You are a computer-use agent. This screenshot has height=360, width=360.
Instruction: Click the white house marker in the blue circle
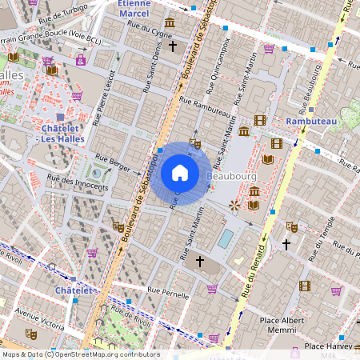pyautogui.click(x=180, y=172)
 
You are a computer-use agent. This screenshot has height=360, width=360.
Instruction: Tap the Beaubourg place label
pyautogui.click(x=230, y=175)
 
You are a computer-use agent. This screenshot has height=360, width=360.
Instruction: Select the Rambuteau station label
pyautogui.click(x=311, y=121)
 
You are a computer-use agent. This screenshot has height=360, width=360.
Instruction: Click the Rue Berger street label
pyautogui.click(x=113, y=162)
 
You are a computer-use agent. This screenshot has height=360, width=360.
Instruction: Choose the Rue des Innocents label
pyautogui.click(x=78, y=183)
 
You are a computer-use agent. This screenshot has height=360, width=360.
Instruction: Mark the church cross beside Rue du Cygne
pyautogui.click(x=172, y=47)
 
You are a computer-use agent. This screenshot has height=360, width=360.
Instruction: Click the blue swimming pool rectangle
pyautogui.click(x=226, y=238)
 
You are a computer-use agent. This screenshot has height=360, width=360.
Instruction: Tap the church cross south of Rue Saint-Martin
pyautogui.click(x=200, y=261)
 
